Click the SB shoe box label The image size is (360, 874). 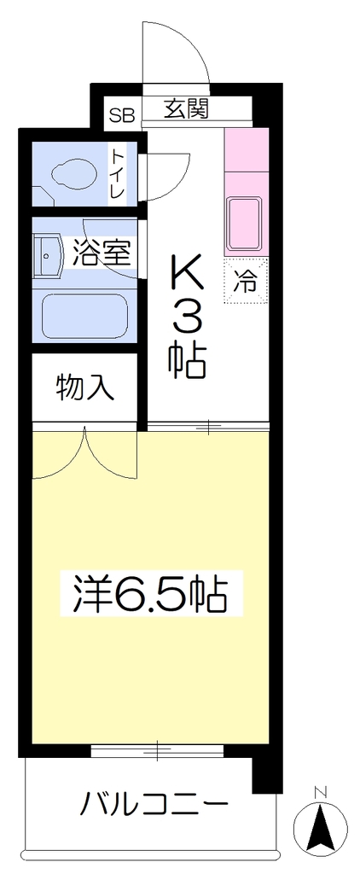121,115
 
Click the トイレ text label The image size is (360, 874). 117,172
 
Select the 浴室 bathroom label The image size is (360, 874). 102,253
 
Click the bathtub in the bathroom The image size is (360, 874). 84,316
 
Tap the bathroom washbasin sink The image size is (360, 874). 49,255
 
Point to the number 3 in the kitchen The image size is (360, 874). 188,320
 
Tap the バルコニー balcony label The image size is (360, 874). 155,804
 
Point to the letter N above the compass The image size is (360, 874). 320,791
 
